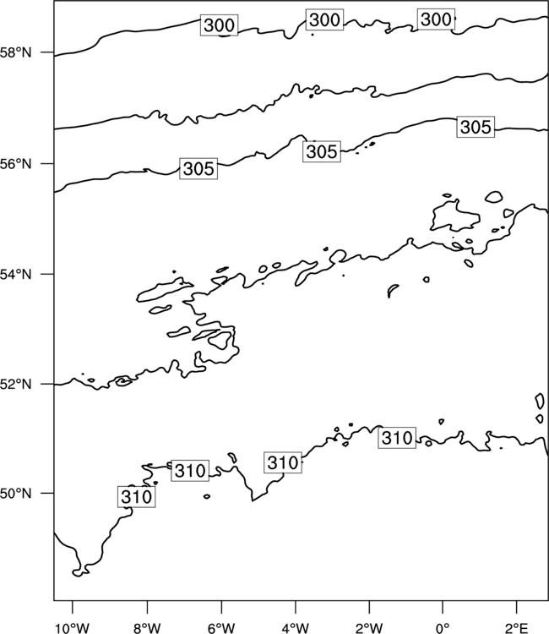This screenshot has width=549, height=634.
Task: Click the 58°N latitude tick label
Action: [x=15, y=52]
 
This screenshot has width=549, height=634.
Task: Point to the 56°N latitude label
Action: [x=15, y=164]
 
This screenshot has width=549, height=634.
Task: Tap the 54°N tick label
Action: [x=15, y=275]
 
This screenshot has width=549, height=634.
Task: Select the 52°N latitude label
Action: [x=15, y=384]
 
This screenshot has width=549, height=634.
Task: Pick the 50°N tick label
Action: [x=15, y=494]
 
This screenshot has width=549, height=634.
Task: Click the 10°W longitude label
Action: [x=73, y=628]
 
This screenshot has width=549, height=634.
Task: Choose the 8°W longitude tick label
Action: [x=147, y=628]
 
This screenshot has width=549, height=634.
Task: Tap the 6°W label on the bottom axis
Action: [x=221, y=628]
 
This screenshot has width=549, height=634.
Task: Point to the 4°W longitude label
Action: [x=296, y=628]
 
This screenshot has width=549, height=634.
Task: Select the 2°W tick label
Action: [x=369, y=628]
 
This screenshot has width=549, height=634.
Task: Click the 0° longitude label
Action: [x=443, y=628]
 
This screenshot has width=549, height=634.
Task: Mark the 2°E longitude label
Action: [x=516, y=628]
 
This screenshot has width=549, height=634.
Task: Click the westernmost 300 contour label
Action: [x=219, y=25]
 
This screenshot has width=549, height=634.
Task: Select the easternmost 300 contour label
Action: [x=436, y=19]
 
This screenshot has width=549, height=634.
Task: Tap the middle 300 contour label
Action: [x=324, y=19]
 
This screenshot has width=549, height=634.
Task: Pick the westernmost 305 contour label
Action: [x=198, y=168]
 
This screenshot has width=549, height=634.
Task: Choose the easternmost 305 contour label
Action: [x=476, y=127]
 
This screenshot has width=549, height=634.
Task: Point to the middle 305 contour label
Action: [x=322, y=151]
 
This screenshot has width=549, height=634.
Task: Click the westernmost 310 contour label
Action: [x=137, y=497]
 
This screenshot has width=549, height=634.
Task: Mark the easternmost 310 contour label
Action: [x=397, y=438]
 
